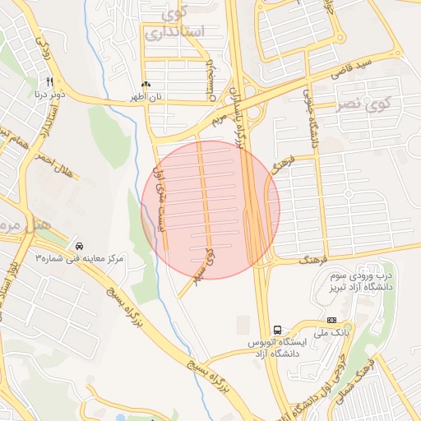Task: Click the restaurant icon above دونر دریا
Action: click(50, 82)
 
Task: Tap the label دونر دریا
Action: click(49, 94)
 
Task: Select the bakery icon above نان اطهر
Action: click(146, 85)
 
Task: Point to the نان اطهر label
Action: click(146, 97)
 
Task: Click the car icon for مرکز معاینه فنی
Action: click(79, 246)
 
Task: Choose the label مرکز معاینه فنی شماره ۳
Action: click(79, 258)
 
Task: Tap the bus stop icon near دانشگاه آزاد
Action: click(277, 326)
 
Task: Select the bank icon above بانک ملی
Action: click(331, 320)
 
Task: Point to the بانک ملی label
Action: click(331, 332)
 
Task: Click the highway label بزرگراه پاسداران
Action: click(242, 115)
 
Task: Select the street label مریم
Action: click(218, 120)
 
